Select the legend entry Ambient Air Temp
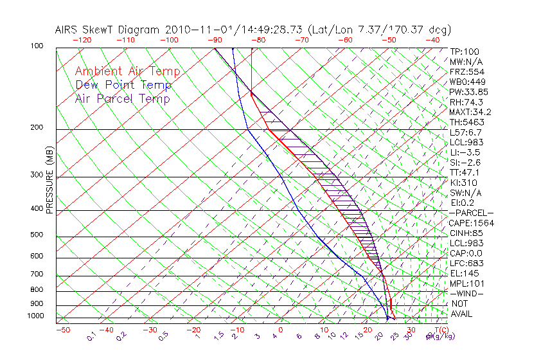click(x=127, y=72)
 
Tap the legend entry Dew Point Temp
click(x=123, y=85)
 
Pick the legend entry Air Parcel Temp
click(x=122, y=99)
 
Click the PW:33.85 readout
click(x=469, y=92)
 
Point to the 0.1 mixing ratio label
click(x=91, y=336)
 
